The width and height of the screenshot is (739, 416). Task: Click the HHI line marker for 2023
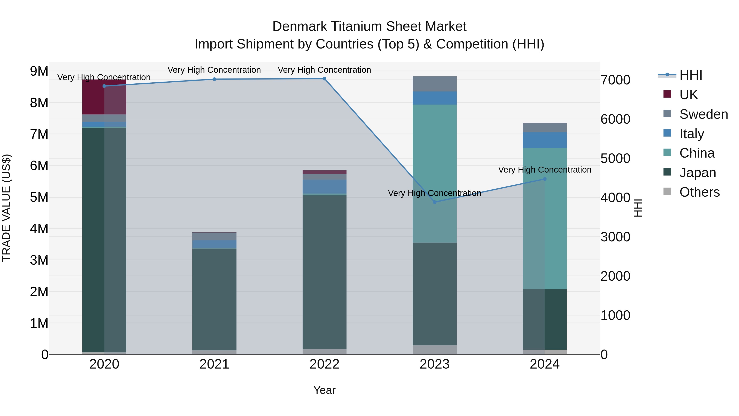click(x=435, y=202)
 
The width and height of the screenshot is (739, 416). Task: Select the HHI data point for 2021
click(x=214, y=79)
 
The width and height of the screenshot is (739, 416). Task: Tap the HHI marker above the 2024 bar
click(x=545, y=179)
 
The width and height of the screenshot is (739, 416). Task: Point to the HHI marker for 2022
click(x=325, y=79)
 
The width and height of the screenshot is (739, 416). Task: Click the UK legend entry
click(x=689, y=94)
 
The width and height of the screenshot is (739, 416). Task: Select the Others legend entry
click(x=699, y=192)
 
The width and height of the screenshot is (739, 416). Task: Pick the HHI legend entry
click(x=691, y=75)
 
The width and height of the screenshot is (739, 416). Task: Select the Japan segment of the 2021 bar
click(x=214, y=298)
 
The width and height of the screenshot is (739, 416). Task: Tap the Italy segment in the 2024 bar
click(x=545, y=140)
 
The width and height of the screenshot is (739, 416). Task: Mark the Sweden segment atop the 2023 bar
click(x=435, y=84)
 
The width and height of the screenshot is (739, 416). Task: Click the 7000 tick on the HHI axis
click(x=616, y=80)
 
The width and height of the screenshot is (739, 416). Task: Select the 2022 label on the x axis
click(x=325, y=364)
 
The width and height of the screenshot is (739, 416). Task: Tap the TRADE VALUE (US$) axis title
click(x=6, y=208)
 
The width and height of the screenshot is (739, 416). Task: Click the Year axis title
click(x=325, y=390)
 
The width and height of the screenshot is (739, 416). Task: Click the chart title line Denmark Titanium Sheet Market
click(x=369, y=27)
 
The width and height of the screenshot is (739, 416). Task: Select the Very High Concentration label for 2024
click(x=545, y=170)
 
